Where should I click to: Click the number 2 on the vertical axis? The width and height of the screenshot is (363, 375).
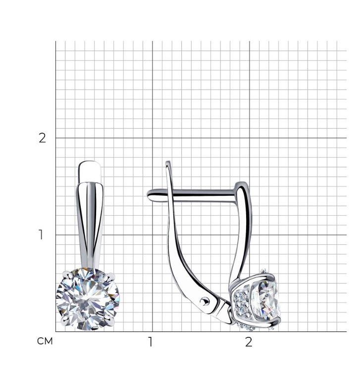[x=42, y=138]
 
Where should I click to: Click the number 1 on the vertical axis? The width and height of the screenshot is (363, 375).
[x=41, y=234]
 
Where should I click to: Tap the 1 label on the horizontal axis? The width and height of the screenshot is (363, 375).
[x=151, y=342]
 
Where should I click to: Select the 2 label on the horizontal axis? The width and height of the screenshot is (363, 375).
[x=249, y=342]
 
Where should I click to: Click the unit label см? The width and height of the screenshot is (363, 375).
[x=45, y=341]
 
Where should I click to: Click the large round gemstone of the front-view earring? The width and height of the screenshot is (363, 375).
[x=88, y=299]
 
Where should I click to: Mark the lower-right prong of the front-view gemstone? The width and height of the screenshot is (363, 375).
[x=108, y=321]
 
